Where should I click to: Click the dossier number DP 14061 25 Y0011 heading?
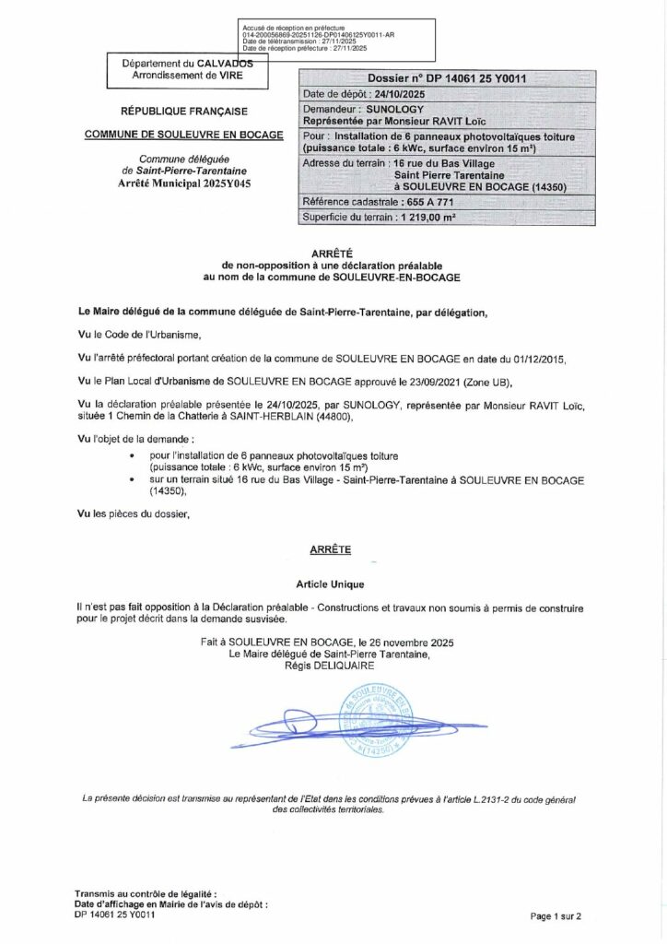pos(447,79)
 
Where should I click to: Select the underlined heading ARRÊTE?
pos(333,549)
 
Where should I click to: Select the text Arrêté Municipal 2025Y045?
pos(183,184)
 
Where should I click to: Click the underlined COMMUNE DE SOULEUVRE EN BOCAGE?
pos(183,134)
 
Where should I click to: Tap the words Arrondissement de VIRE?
pos(185,75)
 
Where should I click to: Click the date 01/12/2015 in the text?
pos(535,356)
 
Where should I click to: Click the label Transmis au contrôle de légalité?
pos(146,894)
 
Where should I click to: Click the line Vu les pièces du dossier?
pos(134,513)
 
